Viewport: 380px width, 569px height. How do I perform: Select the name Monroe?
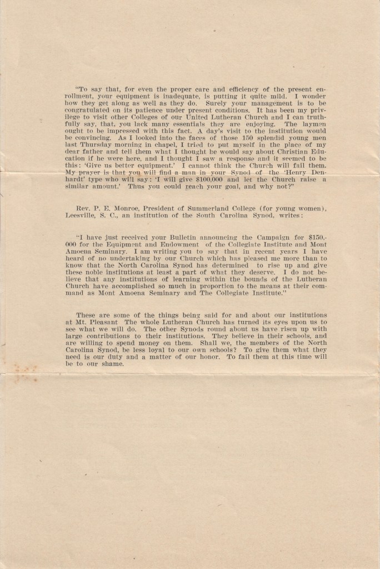(121, 208)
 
